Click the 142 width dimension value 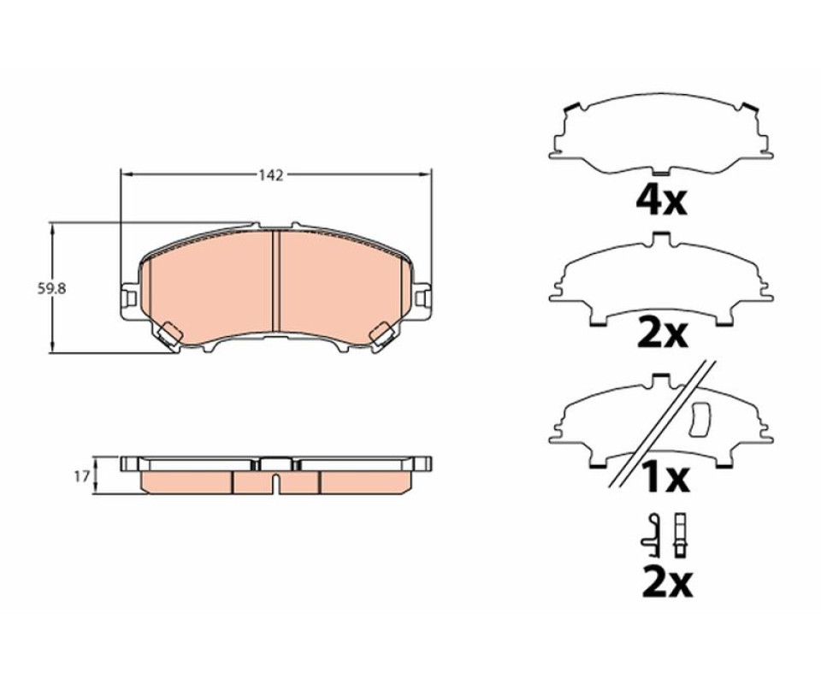(x=271, y=175)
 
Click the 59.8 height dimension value (x=51, y=288)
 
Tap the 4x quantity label (x=661, y=202)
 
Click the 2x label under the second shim (x=662, y=334)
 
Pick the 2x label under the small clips (x=667, y=582)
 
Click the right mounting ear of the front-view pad (x=422, y=299)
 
